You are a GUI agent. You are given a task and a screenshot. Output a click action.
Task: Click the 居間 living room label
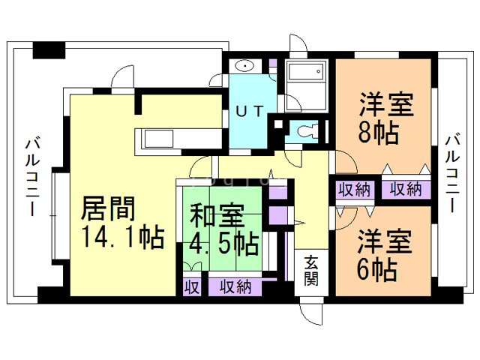pos(108,208)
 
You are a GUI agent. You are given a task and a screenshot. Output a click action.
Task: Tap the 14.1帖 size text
pos(124,237)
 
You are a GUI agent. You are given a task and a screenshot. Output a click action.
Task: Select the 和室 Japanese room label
pos(217,216)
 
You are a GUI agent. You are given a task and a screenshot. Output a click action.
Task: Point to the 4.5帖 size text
pos(224,244)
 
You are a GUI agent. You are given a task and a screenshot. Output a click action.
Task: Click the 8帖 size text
pos(379,133)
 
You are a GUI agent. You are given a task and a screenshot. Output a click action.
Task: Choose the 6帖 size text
pos(377,270)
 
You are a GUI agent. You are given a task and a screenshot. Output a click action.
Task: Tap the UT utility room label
pos(250,111)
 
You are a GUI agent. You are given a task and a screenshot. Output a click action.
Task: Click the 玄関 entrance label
pos(311,270)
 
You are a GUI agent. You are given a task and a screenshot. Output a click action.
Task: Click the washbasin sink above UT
pos(244,66)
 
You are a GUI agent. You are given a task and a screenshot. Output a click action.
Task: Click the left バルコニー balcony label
pos(32,178)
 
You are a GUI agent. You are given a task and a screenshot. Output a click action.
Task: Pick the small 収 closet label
pos(192,287)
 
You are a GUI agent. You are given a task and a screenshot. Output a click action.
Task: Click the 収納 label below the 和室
pos(235,286)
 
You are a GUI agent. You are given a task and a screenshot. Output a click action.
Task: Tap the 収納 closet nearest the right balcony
pos(406,190)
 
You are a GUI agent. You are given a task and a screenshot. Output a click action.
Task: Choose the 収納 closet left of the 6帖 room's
pos(354,190)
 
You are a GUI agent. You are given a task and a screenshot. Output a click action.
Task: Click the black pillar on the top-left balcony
pos(49,50)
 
